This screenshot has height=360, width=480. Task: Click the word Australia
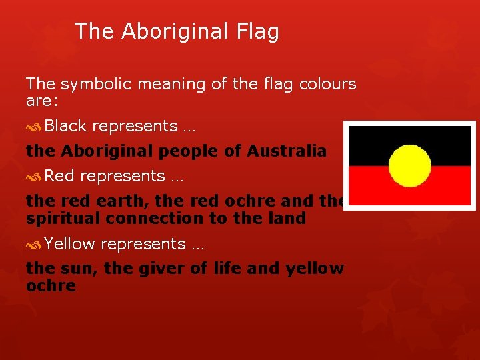[x=287, y=151]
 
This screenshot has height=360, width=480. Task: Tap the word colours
[x=327, y=85]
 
